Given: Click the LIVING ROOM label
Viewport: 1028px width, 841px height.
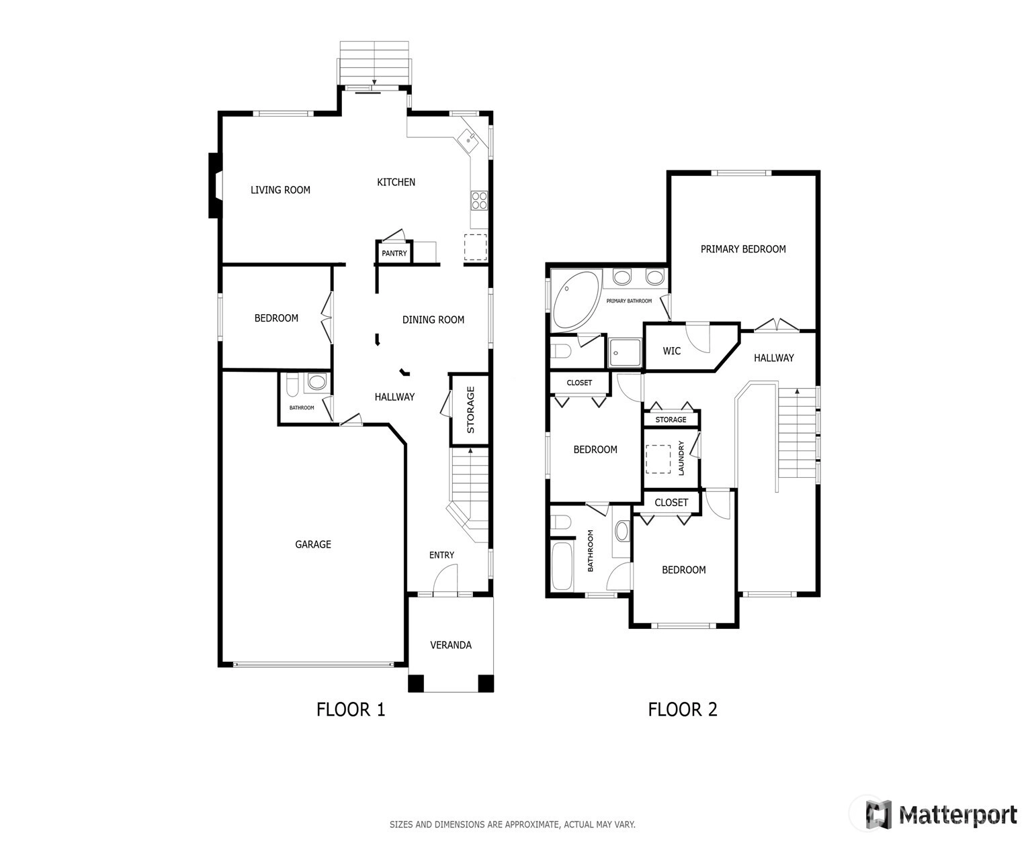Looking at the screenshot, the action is (x=280, y=190).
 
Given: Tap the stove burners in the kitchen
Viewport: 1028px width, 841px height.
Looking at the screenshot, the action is (x=478, y=200).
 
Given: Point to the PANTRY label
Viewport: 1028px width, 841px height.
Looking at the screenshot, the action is (x=394, y=253).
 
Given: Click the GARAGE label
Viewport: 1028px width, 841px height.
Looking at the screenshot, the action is (x=313, y=544).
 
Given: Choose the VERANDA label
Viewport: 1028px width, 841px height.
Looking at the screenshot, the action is (x=451, y=645).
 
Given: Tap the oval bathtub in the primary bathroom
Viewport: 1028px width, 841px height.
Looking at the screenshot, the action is (x=576, y=300).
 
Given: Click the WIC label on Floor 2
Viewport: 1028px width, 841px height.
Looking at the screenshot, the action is (x=672, y=351).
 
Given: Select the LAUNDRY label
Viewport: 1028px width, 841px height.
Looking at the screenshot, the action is (x=681, y=458).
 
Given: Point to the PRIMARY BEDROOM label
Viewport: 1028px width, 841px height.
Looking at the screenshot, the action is (x=743, y=249).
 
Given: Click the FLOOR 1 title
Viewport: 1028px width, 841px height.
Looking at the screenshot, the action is (x=351, y=709).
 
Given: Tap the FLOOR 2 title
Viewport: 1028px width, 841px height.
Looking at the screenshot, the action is (x=683, y=709).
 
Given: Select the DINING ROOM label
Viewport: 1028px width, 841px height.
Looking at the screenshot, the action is (x=433, y=320).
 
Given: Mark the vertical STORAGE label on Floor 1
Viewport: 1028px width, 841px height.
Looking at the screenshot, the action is (x=471, y=409).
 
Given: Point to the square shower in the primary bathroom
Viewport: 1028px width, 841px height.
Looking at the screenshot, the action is (x=624, y=352).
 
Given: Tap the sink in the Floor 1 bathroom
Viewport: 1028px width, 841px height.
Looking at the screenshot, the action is (x=317, y=382).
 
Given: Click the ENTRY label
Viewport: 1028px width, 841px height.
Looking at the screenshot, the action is (x=441, y=555).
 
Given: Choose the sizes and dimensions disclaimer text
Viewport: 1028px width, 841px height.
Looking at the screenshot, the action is (x=512, y=824).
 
